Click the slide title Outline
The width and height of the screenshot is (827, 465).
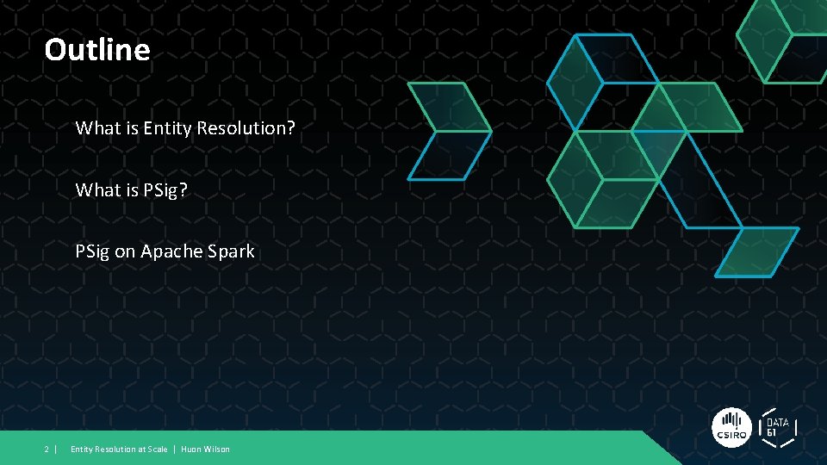click(x=97, y=50)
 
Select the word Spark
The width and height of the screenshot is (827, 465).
click(x=232, y=251)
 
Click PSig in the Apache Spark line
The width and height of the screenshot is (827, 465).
click(x=92, y=251)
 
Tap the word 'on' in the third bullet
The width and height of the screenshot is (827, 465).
click(x=125, y=251)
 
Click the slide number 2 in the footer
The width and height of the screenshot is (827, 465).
click(x=47, y=449)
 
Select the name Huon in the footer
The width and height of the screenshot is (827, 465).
click(x=191, y=449)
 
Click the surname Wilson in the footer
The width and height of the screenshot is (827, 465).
click(x=217, y=449)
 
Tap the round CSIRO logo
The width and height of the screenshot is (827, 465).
click(x=731, y=427)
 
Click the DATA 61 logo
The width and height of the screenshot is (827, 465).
click(x=778, y=427)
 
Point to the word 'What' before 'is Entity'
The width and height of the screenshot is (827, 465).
click(x=96, y=128)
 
